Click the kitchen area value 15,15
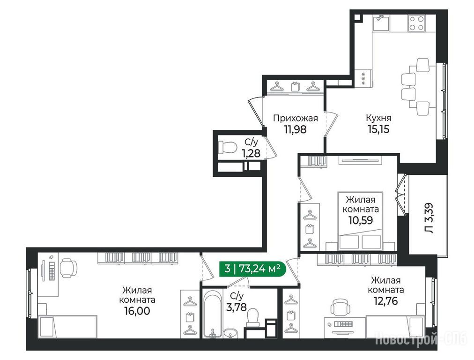378,129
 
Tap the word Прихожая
296,118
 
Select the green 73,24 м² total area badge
252,268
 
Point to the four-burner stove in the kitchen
416,23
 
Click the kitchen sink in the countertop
381,23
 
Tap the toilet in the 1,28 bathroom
227,148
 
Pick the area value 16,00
137,311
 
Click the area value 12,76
385,301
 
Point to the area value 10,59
361,220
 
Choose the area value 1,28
251,153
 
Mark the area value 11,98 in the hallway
296,129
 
